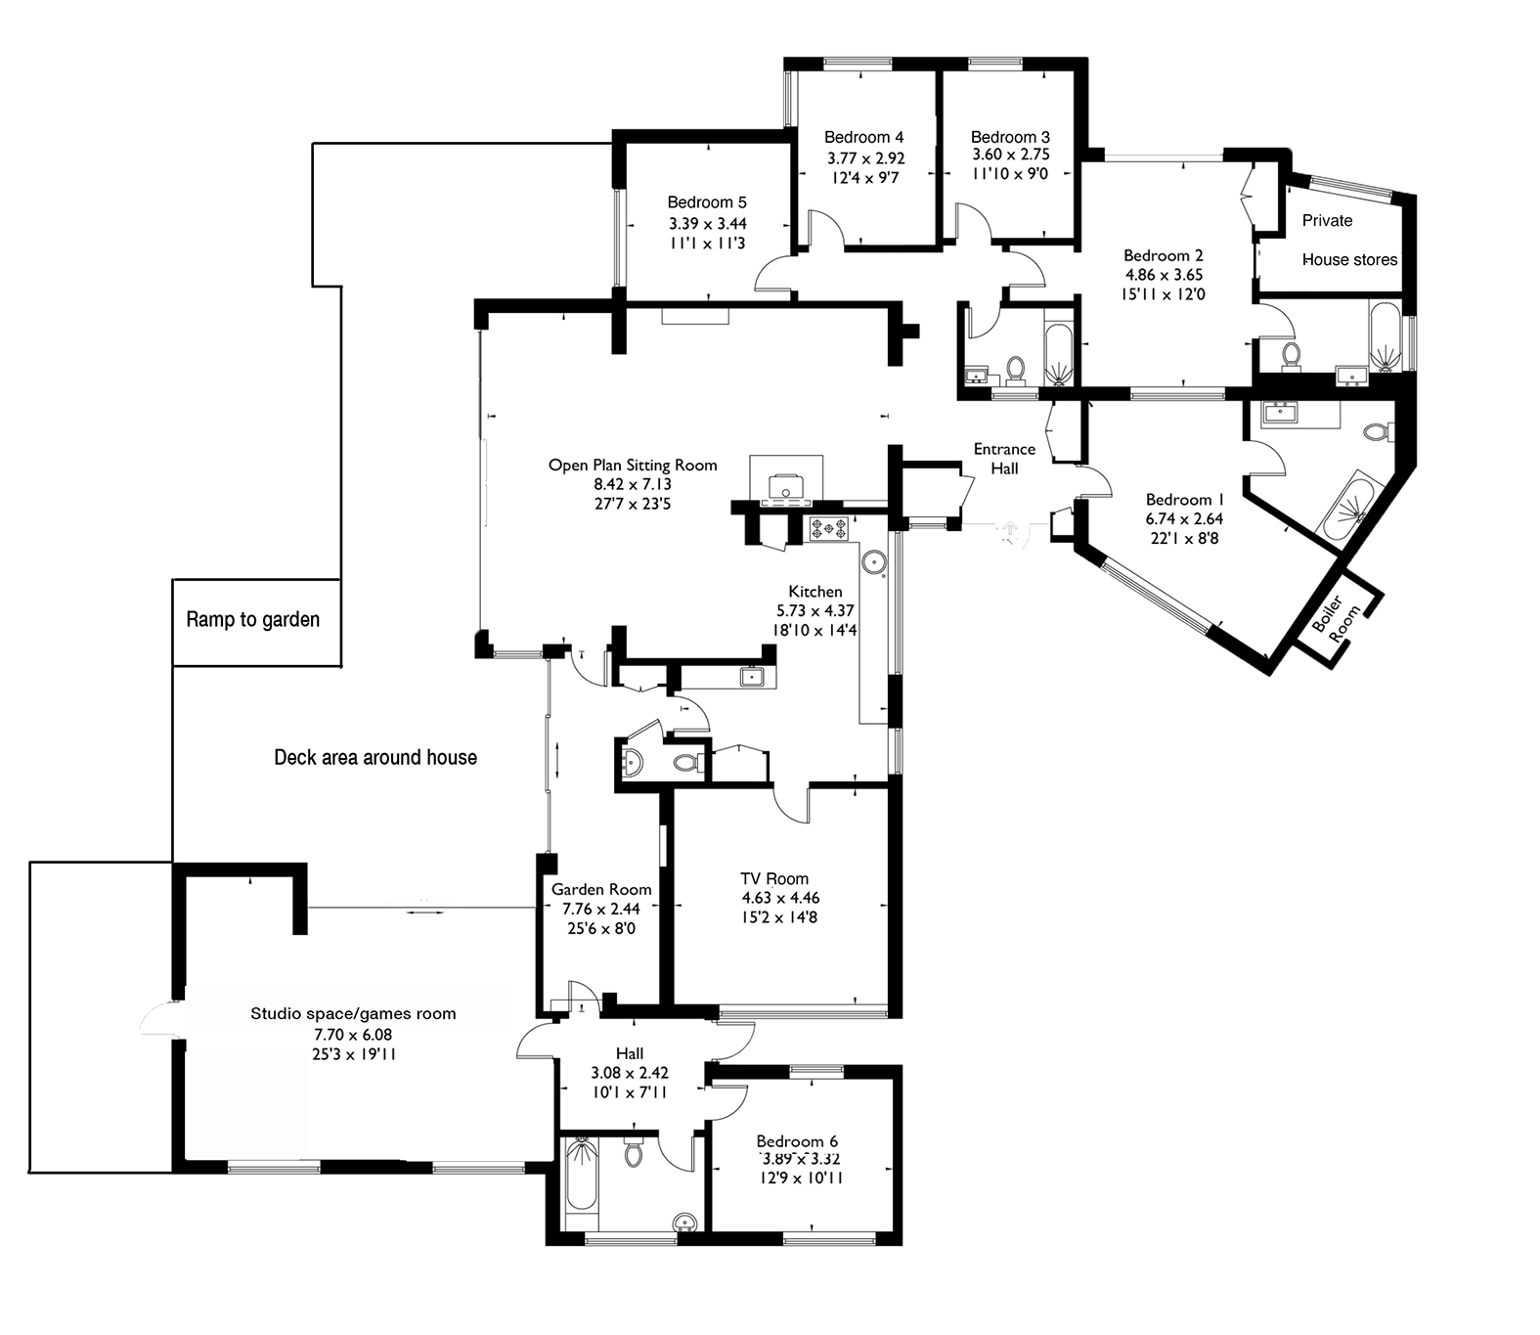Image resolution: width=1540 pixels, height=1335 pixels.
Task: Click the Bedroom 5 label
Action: pyautogui.click(x=706, y=202)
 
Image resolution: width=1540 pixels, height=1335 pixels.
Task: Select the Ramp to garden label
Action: pyautogui.click(x=252, y=620)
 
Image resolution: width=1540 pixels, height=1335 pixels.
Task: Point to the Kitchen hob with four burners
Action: pyautogui.click(x=828, y=529)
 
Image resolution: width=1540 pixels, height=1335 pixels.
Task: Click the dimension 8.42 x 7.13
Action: pyautogui.click(x=632, y=484)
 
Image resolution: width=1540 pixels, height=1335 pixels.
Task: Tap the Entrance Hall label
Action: pyautogui.click(x=1004, y=458)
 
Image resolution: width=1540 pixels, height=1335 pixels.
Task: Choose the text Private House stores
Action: pyautogui.click(x=1348, y=241)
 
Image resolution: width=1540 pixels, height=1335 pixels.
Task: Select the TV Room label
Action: pyautogui.click(x=773, y=878)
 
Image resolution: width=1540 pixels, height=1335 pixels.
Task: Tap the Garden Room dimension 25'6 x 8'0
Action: pyautogui.click(x=600, y=927)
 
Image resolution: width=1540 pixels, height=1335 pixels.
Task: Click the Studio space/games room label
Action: pyautogui.click(x=353, y=1013)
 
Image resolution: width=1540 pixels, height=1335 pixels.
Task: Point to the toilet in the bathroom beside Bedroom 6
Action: pyautogui.click(x=634, y=1153)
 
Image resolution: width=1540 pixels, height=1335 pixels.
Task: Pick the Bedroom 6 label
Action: pyautogui.click(x=797, y=1141)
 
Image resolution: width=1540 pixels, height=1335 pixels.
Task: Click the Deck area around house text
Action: pyautogui.click(x=375, y=757)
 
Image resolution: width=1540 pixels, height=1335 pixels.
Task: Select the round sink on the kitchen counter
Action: pyautogui.click(x=874, y=561)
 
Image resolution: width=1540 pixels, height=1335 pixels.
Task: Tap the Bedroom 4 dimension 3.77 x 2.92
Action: pyautogui.click(x=865, y=157)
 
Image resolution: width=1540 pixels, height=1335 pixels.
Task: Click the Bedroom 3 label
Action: pyautogui.click(x=1010, y=137)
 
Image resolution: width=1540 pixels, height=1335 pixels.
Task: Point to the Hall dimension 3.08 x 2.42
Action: pyautogui.click(x=630, y=1073)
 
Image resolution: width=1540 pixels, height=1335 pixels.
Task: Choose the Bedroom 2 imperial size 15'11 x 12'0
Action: pyautogui.click(x=1163, y=294)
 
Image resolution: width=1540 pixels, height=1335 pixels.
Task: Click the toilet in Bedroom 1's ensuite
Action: pyautogui.click(x=1378, y=431)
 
